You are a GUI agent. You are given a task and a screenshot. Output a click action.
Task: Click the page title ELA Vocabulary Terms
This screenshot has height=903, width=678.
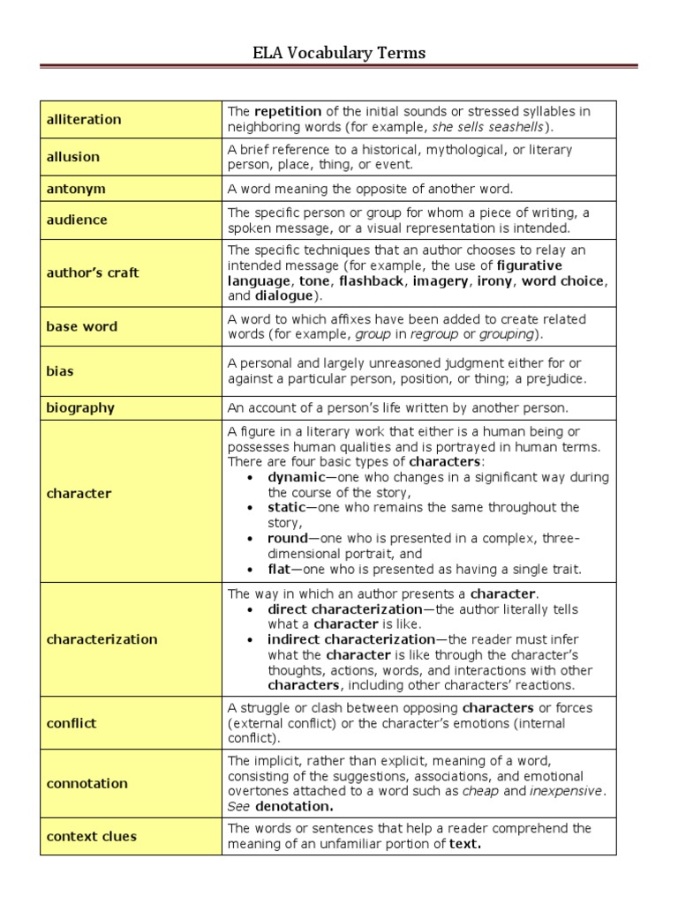pyautogui.click(x=339, y=53)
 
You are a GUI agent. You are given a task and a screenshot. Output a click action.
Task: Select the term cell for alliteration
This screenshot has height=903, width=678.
pyautogui.click(x=84, y=119)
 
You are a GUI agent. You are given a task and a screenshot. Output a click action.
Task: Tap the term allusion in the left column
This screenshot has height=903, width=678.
pyautogui.click(x=73, y=157)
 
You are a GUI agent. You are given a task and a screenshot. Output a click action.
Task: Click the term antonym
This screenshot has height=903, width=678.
pyautogui.click(x=76, y=189)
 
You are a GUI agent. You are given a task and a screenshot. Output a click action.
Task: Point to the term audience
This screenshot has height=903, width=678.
pyautogui.click(x=77, y=220)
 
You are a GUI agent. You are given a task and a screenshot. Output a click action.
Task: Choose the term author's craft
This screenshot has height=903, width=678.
pyautogui.click(x=93, y=273)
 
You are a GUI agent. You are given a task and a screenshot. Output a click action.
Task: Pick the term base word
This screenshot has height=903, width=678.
pyautogui.click(x=81, y=326)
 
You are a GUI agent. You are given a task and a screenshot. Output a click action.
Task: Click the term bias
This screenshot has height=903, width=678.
pyautogui.click(x=60, y=371)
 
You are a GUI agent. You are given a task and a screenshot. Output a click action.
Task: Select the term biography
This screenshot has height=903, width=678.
pyautogui.click(x=80, y=408)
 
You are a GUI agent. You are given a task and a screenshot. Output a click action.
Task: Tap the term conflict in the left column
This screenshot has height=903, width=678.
pyautogui.click(x=72, y=723)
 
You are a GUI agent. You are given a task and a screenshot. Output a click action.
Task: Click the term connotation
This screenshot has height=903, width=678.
pyautogui.click(x=87, y=783)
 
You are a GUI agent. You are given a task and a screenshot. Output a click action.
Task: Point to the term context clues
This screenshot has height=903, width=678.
pyautogui.click(x=91, y=836)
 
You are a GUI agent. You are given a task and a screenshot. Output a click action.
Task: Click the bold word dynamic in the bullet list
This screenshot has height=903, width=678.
pyautogui.click(x=297, y=477)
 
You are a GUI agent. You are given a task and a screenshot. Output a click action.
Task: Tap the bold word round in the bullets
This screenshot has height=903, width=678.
pyautogui.click(x=288, y=538)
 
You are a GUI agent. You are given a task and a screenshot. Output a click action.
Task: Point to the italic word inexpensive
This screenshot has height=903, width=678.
pyautogui.click(x=566, y=791)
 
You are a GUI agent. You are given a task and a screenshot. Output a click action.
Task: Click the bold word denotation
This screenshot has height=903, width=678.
pyautogui.click(x=294, y=807)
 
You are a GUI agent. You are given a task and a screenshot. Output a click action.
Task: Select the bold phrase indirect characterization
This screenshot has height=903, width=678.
pyautogui.click(x=351, y=639)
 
